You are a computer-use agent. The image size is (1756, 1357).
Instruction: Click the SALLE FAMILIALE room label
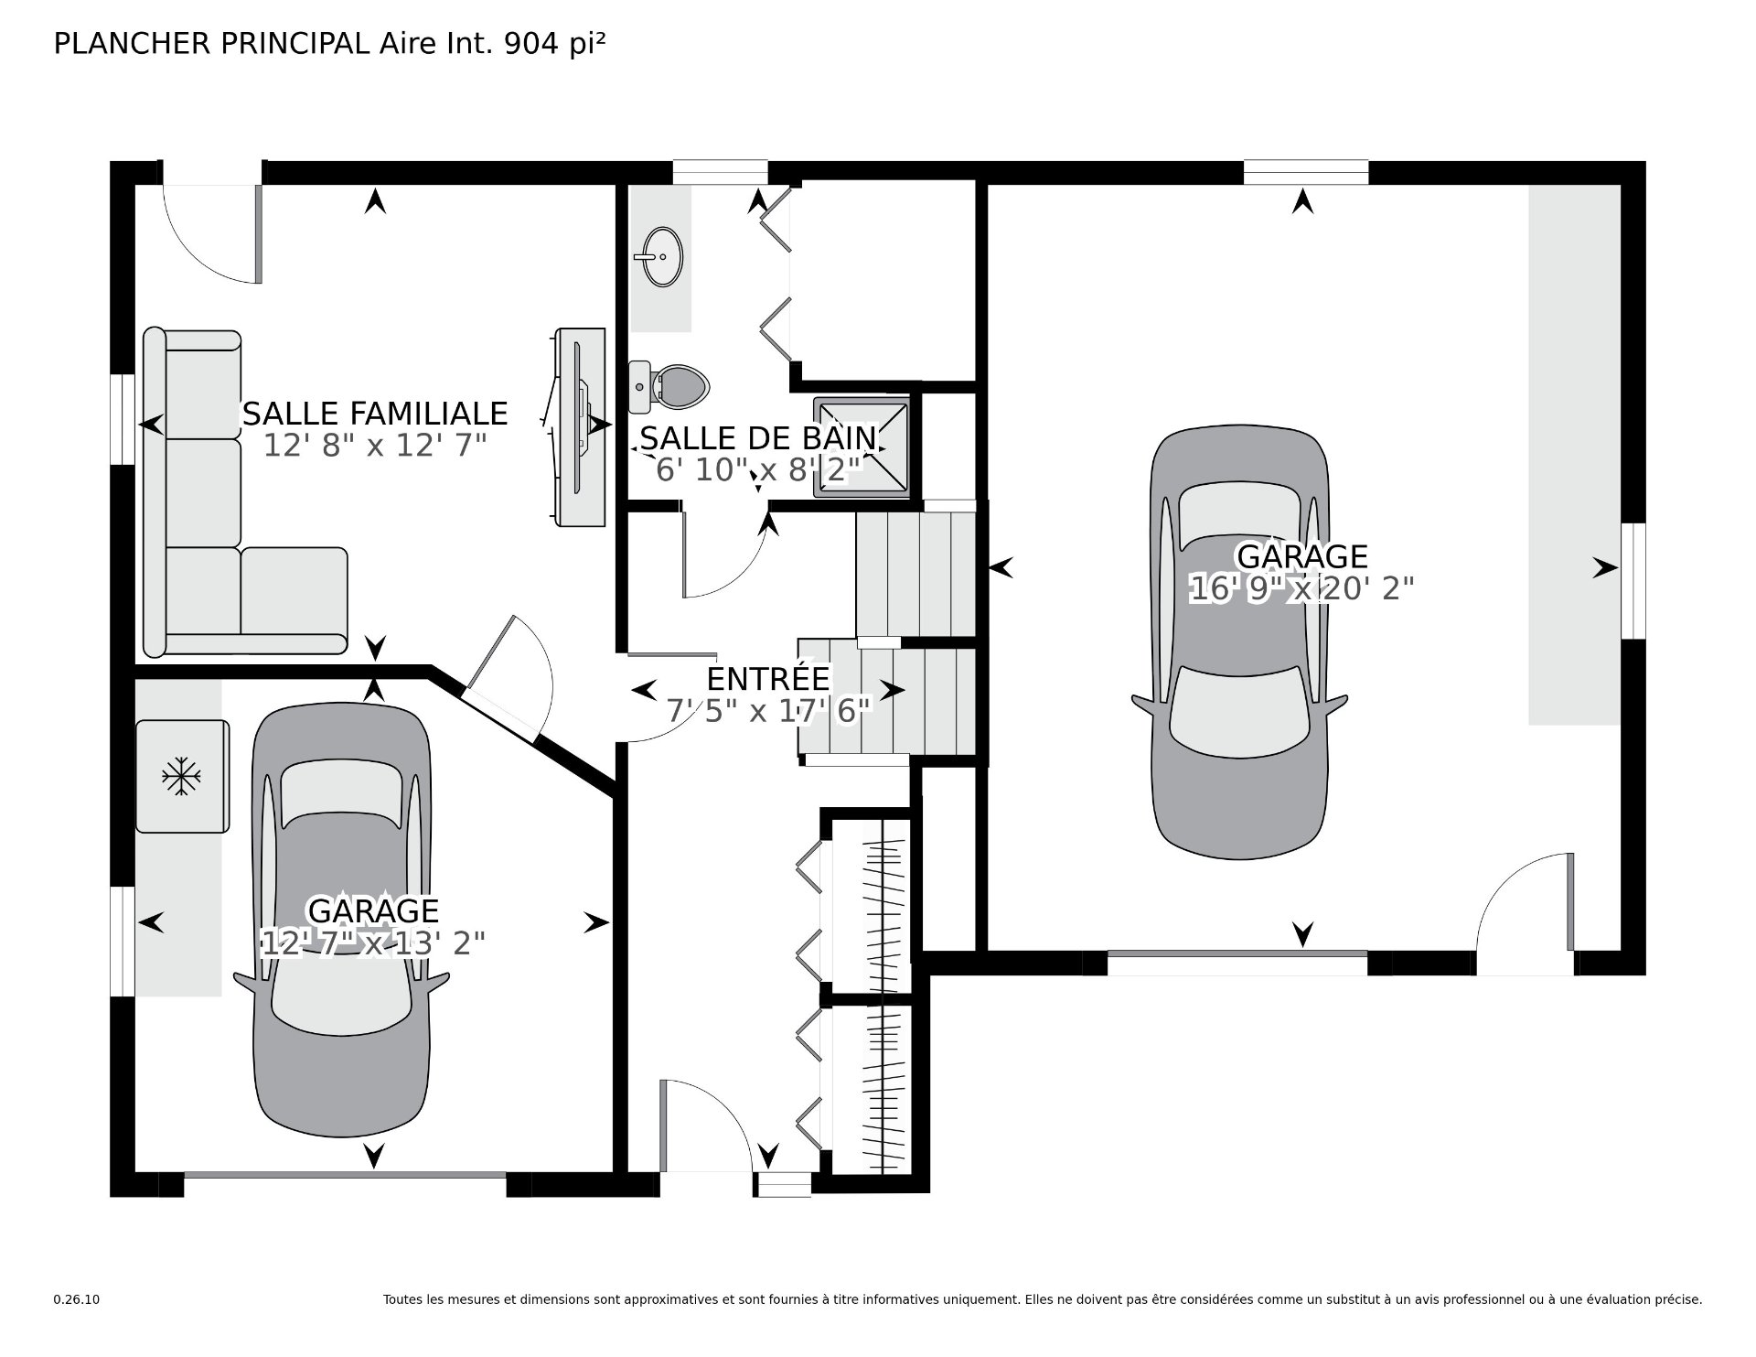pyautogui.click(x=374, y=414)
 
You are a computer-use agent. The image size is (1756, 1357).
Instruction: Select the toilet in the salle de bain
pyautogui.click(x=673, y=386)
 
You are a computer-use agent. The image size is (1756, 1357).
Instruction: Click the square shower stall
pyautogui.click(x=863, y=448)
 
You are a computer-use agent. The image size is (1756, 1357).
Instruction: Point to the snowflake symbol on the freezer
pyautogui.click(x=182, y=777)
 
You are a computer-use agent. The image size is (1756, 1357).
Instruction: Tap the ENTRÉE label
pyautogui.click(x=768, y=679)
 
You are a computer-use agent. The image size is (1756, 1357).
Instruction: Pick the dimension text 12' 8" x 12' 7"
pyautogui.click(x=374, y=446)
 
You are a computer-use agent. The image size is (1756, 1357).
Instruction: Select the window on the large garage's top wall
pyautogui.click(x=1305, y=172)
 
